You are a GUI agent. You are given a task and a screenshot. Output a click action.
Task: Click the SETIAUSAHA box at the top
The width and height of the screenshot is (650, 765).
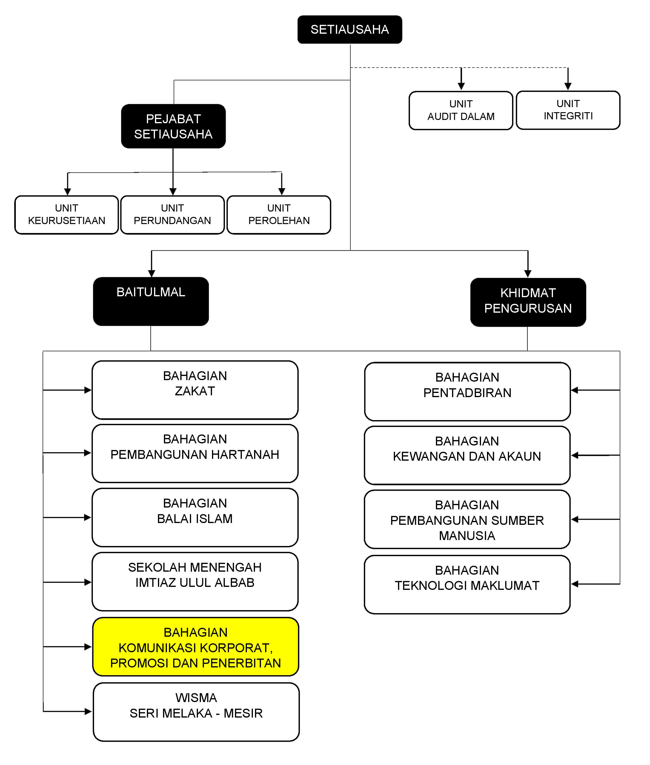[x=349, y=30]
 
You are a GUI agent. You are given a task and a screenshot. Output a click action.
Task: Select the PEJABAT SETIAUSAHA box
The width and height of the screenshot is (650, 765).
[x=173, y=126]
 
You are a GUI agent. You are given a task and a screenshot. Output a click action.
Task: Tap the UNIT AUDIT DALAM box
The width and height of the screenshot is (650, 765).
[x=461, y=110]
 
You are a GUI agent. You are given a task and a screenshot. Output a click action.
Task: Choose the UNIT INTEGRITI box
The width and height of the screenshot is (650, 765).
[x=568, y=110]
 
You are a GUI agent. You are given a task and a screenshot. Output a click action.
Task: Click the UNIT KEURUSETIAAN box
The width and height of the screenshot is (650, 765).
[x=67, y=215]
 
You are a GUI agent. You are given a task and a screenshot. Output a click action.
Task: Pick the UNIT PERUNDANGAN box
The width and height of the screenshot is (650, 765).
[x=173, y=215]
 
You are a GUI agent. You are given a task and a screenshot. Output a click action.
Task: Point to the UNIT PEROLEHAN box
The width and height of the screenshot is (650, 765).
[x=279, y=215]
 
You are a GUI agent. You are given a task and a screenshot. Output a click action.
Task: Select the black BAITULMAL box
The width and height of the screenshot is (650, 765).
[x=151, y=301]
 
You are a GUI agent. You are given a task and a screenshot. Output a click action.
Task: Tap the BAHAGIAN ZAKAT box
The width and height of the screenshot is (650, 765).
[x=195, y=390]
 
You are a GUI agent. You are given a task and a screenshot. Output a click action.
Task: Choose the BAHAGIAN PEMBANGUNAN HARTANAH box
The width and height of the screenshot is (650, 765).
[x=195, y=453]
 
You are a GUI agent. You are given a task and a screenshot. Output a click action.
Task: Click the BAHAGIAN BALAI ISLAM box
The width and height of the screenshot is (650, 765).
[x=195, y=517]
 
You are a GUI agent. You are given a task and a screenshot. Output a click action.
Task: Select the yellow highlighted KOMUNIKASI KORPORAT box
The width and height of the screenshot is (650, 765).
[x=195, y=647]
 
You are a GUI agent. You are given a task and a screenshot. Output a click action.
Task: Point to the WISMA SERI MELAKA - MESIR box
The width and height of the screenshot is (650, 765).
[x=196, y=712]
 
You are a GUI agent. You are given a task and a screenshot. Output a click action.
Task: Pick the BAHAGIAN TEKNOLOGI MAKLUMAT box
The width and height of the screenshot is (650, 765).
[x=467, y=584]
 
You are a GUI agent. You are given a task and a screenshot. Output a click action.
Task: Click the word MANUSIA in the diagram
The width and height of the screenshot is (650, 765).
[x=467, y=536]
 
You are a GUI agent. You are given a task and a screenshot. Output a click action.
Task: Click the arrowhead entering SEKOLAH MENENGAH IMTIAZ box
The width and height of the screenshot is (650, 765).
[x=88, y=582]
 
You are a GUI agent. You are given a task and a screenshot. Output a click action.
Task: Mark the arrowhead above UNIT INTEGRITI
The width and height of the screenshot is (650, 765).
[x=568, y=87]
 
